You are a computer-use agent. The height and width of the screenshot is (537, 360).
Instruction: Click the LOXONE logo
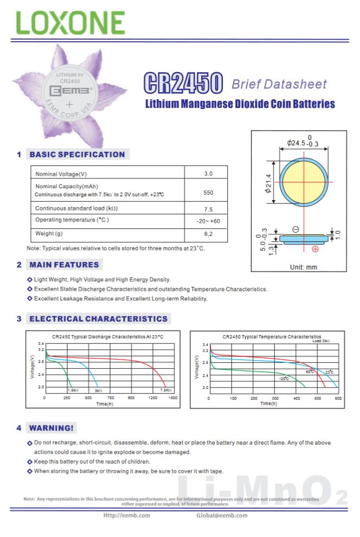click(70, 22)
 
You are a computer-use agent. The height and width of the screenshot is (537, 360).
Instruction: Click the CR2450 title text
click(183, 84)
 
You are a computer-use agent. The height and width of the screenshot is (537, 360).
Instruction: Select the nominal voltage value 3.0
click(208, 174)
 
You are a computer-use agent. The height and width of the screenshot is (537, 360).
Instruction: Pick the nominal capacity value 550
click(208, 193)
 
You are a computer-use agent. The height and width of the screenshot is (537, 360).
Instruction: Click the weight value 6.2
click(208, 234)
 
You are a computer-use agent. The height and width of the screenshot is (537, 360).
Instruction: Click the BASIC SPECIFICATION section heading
click(77, 155)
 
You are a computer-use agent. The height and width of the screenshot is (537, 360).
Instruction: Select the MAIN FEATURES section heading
click(65, 265)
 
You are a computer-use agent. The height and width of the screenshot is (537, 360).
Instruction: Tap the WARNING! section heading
click(52, 428)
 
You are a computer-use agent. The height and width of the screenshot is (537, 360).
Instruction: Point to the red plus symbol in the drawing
click(315, 249)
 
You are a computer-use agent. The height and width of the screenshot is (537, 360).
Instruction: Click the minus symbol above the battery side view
click(295, 229)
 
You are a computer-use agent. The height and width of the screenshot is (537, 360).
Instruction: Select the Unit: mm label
click(304, 267)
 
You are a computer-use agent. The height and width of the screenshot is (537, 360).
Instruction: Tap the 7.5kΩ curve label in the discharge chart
click(165, 391)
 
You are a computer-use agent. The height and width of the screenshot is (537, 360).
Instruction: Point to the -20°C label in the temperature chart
click(284, 378)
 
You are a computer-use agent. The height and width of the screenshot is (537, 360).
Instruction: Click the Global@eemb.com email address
click(222, 515)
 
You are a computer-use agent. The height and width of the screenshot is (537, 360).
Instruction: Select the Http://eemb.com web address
click(127, 515)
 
